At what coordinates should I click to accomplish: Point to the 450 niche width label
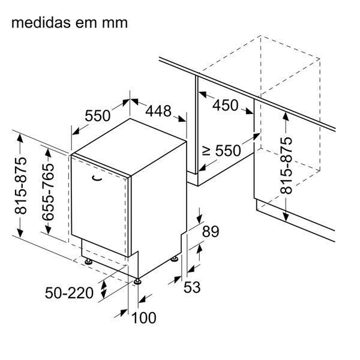click(x=226, y=105)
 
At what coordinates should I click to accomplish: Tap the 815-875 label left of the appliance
click(x=21, y=186)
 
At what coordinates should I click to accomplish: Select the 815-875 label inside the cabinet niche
click(x=287, y=165)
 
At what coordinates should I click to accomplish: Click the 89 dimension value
click(x=211, y=231)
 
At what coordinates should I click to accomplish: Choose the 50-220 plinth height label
click(x=70, y=293)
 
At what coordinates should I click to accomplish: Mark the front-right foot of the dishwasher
click(x=138, y=280)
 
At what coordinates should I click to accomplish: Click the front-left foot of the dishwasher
click(x=88, y=261)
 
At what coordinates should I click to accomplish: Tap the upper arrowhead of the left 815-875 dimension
click(x=21, y=137)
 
